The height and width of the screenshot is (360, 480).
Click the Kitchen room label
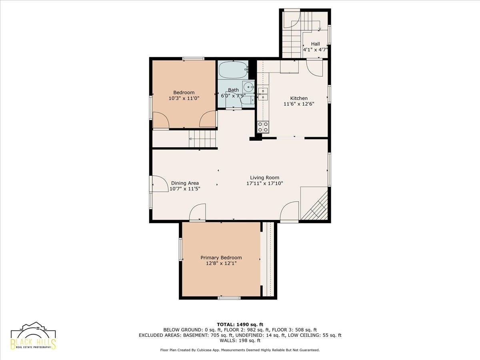299,98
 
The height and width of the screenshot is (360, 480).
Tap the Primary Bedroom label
221,258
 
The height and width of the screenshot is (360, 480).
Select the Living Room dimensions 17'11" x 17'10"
265,183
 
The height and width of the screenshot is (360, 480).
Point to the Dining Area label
185,183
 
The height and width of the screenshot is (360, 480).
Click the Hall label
315,44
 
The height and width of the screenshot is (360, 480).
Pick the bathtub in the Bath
233,70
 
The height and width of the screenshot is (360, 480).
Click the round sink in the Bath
248,87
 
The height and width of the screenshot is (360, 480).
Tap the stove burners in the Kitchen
263,127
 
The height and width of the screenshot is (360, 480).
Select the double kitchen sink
263,94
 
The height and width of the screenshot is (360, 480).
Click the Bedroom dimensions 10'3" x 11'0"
184,98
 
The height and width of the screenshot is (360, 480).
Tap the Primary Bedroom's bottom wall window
229,298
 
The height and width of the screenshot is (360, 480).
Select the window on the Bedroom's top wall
193,58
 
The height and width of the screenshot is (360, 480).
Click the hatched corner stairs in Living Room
314,203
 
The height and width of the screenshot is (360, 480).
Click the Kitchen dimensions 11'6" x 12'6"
299,104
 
